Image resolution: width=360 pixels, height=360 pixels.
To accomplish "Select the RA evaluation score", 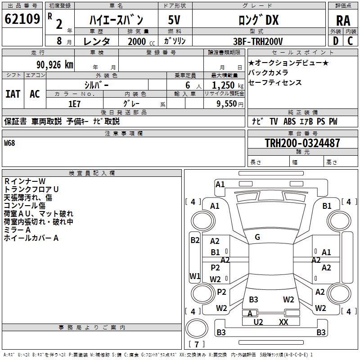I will pyautogui.click(x=343, y=21).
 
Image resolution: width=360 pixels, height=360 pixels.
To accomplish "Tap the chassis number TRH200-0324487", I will pyautogui.click(x=302, y=144).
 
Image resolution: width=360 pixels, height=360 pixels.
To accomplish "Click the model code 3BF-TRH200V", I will pyautogui.click(x=258, y=41).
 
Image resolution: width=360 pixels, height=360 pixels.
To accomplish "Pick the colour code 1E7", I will pyautogui.click(x=74, y=103).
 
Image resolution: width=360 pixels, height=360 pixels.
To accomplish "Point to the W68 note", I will pyautogui.click(x=9, y=144).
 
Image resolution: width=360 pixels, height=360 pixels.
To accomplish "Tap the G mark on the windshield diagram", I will pyautogui.click(x=257, y=237).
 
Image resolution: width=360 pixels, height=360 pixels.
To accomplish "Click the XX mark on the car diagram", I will pyautogui.click(x=283, y=322).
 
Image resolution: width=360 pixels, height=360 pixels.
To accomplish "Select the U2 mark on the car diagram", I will pyautogui.click(x=258, y=322).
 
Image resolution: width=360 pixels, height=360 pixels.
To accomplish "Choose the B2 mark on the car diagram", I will pyautogui.click(x=195, y=240).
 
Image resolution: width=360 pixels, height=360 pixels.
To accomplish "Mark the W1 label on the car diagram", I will pyautogui.click(x=195, y=276).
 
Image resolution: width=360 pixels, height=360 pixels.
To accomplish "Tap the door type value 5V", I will pyautogui.click(x=175, y=21).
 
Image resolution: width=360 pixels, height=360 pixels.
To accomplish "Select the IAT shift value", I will pyautogui.click(x=13, y=94).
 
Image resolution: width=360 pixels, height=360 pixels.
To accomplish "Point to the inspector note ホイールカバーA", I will pyautogui.click(x=31, y=238).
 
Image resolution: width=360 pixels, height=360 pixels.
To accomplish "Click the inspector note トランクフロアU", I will pyautogui.click(x=31, y=189).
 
